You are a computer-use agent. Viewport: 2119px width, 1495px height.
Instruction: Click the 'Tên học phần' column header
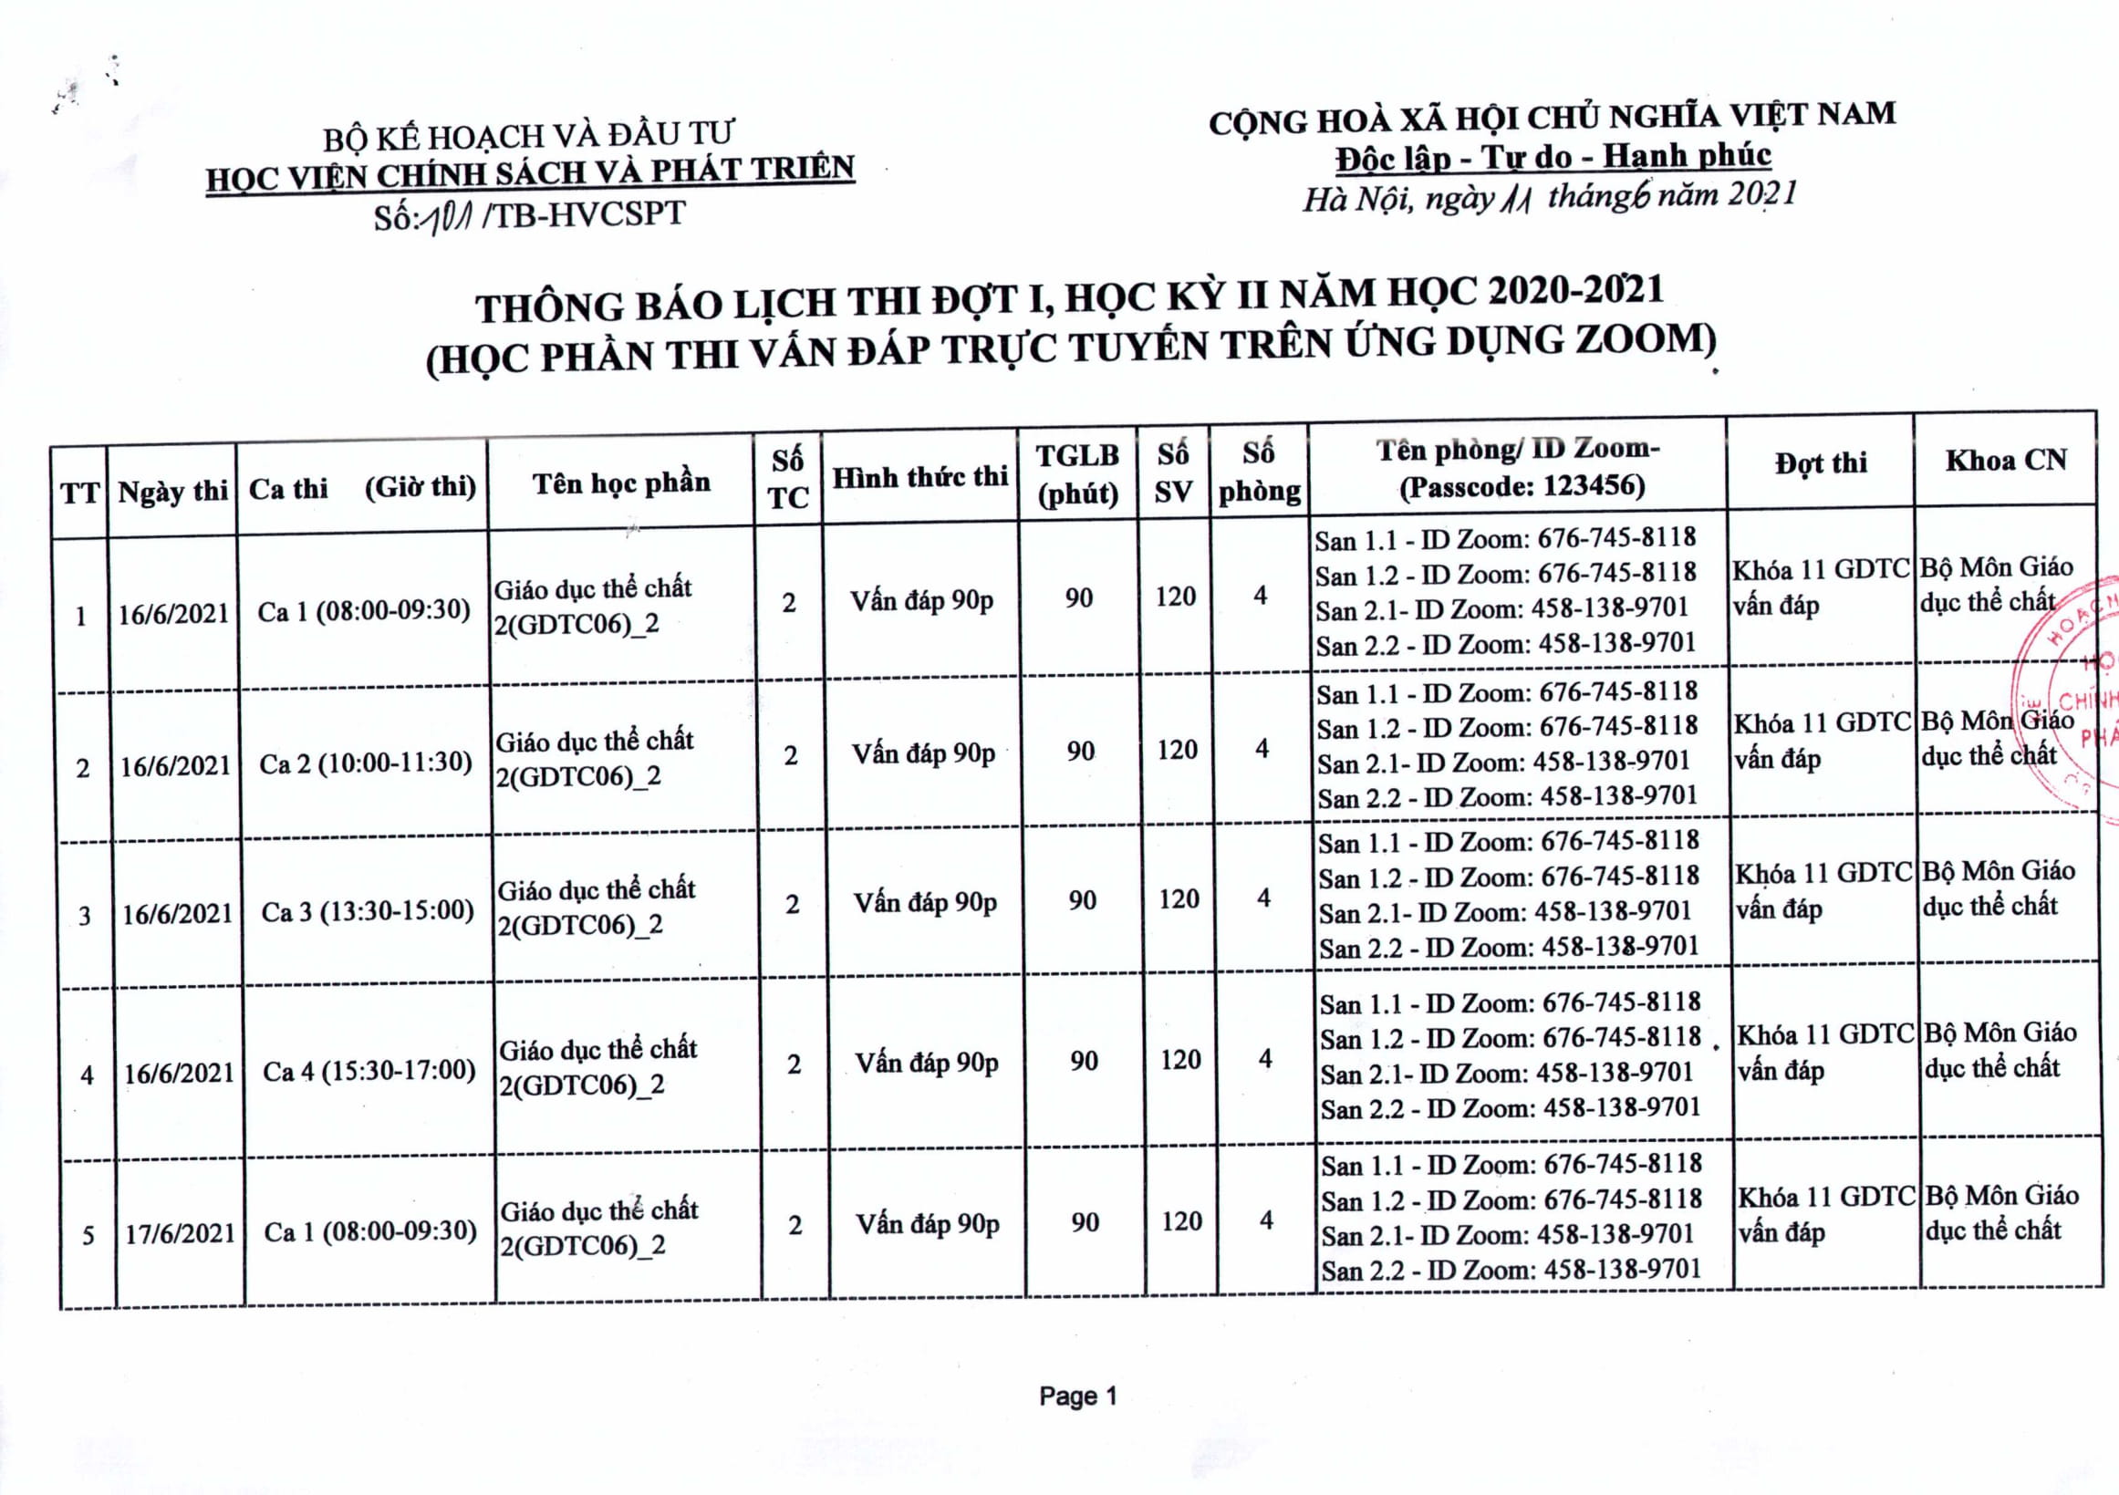[x=621, y=483]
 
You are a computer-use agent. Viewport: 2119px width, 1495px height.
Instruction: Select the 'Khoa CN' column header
[x=2006, y=460]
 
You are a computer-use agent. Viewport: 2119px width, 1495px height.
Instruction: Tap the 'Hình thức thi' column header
[x=919, y=477]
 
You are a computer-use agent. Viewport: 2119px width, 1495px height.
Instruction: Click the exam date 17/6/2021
[x=180, y=1234]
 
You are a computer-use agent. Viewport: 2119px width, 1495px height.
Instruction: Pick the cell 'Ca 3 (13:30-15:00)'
[x=368, y=912]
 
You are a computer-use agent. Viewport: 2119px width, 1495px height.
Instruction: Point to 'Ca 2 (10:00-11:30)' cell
[x=366, y=763]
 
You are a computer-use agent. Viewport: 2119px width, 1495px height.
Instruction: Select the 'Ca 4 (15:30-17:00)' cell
[x=369, y=1072]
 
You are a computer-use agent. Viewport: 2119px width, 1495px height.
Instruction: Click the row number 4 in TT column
[x=87, y=1075]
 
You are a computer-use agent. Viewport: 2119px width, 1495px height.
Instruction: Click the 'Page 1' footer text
[x=1077, y=1396]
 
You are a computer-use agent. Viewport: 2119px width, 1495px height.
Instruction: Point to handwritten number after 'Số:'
[x=448, y=219]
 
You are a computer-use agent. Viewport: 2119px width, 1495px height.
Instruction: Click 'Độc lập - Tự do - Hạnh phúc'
[x=1553, y=158]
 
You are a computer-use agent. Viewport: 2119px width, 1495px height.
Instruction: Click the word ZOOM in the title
[x=1639, y=339]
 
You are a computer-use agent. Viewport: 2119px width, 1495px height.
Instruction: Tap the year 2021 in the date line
[x=1762, y=192]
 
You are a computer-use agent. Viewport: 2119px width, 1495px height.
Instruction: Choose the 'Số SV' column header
[x=1173, y=472]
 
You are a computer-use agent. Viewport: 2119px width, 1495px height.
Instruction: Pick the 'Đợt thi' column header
[x=1820, y=462]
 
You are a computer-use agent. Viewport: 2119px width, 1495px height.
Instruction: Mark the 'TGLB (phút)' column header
[x=1077, y=474]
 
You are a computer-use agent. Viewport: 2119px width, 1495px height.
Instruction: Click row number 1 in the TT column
[x=81, y=616]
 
